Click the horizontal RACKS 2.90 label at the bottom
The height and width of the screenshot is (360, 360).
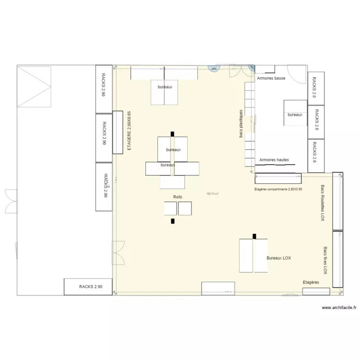(x=91, y=287)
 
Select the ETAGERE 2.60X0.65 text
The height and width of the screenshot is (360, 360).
(x=129, y=132)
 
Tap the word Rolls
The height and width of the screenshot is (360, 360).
(x=178, y=197)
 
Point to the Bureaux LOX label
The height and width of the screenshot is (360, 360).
(x=278, y=258)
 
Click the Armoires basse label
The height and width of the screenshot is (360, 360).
(x=271, y=78)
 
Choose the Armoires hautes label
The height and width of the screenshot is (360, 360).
(x=274, y=159)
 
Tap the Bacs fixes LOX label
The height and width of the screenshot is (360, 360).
(x=325, y=261)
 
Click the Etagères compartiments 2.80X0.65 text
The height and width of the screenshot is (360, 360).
(x=278, y=190)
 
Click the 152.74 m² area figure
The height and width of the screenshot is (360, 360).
(x=212, y=194)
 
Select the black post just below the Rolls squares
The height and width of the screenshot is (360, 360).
(x=172, y=221)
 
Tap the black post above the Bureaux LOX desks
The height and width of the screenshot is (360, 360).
(x=254, y=236)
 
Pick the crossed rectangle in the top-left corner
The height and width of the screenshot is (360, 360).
(x=34, y=86)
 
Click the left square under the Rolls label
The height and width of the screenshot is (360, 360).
(x=170, y=208)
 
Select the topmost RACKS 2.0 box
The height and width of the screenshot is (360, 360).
(x=315, y=87)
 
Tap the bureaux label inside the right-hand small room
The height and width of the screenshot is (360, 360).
(x=295, y=115)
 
